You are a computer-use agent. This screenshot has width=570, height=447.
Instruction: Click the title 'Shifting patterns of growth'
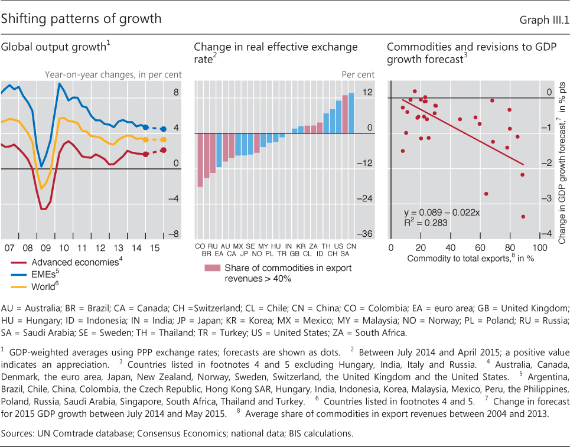[81, 19]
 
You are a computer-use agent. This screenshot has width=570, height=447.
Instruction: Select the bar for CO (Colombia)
[200, 160]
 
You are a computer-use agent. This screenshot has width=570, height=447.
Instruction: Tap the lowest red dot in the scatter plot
[523, 217]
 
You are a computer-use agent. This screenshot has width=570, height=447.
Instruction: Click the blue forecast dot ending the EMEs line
[164, 129]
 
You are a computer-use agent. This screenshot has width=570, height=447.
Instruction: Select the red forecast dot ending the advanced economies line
[164, 150]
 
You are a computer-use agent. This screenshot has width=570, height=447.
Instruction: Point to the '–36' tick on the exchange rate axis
[366, 234]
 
